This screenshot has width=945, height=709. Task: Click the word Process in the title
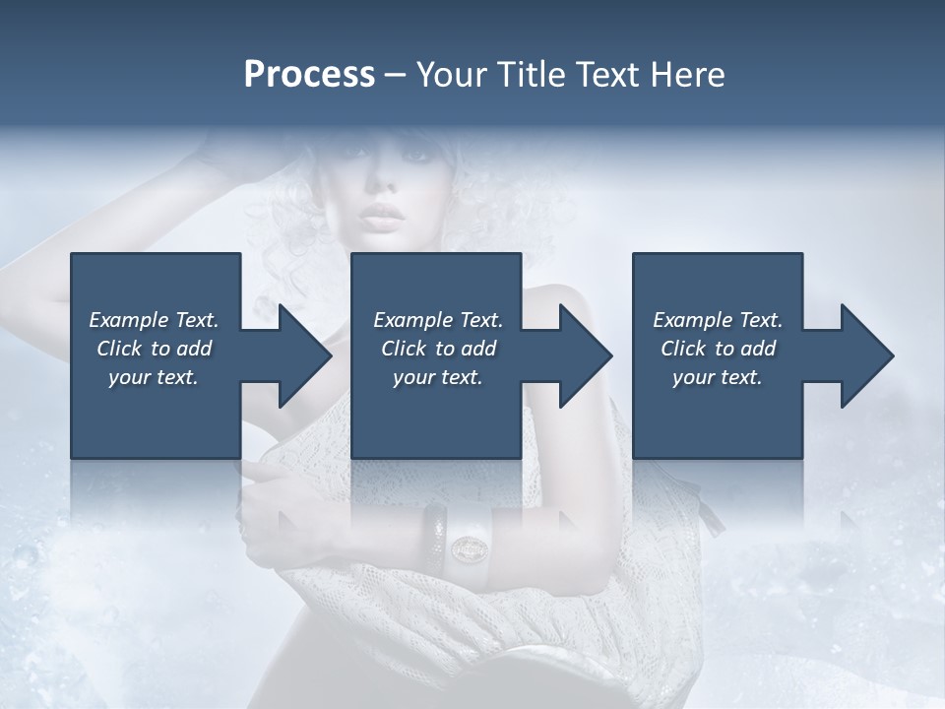tap(309, 74)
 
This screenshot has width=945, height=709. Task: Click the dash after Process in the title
tap(396, 75)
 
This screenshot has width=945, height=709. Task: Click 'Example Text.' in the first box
tap(154, 320)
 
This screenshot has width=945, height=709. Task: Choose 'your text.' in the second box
tap(437, 377)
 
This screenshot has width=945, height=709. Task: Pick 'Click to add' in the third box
tap(718, 349)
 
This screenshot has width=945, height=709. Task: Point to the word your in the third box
tap(692, 377)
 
